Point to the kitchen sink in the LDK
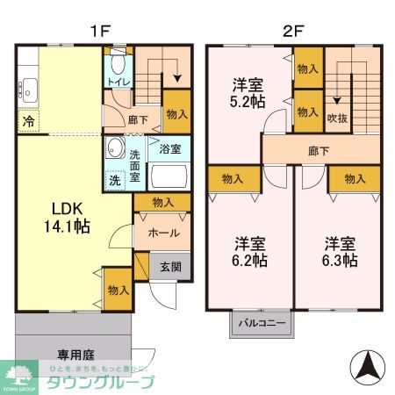click(27, 88)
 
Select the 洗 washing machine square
click(116, 181)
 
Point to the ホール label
click(163, 233)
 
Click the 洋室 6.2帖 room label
click(248, 251)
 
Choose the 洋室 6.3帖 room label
click(338, 251)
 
